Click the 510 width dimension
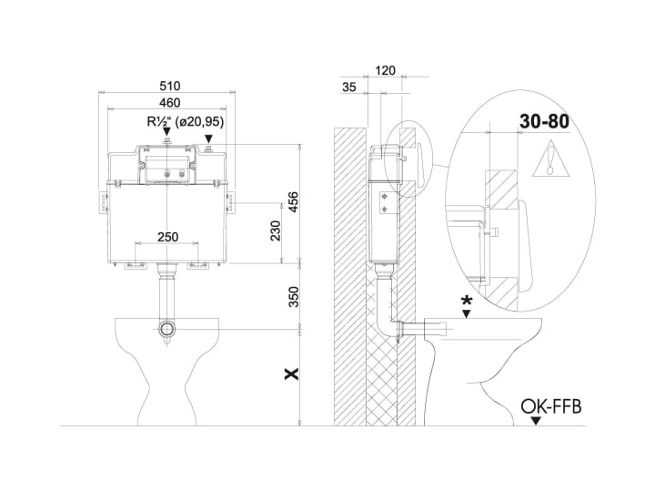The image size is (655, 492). point(170,86)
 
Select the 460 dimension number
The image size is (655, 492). point(170,102)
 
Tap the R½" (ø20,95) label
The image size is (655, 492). point(185,121)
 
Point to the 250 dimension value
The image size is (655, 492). point(167,237)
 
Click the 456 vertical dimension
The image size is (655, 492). point(294,201)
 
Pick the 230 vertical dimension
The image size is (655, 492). point(276,231)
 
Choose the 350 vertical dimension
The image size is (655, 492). point(294,297)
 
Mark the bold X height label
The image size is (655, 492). point(292,374)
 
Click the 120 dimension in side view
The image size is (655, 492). point(385,70)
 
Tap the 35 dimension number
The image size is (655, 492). point(348,87)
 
